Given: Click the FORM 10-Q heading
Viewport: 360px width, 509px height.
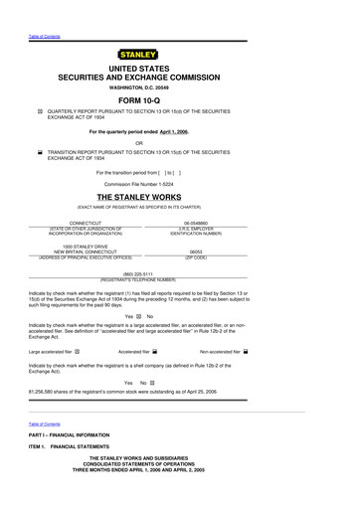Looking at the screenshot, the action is pyautogui.click(x=180, y=100).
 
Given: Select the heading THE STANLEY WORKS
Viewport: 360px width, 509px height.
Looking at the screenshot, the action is pyautogui.click(x=180, y=199).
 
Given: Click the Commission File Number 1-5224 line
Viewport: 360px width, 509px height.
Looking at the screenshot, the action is pyautogui.click(x=180, y=184).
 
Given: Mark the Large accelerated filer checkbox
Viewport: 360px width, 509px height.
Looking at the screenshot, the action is pyautogui.click(x=79, y=351).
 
